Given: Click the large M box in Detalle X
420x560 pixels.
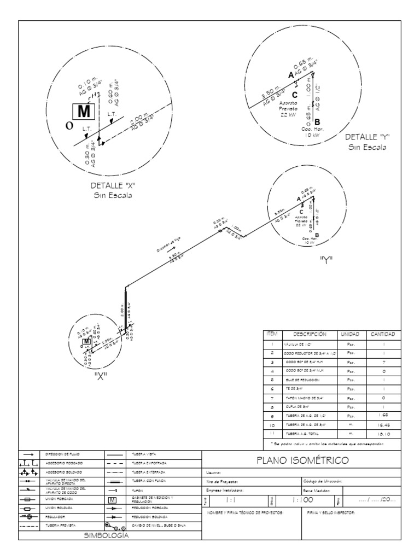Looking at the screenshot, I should (x=84, y=111).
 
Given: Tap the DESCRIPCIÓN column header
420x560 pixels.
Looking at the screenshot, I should (x=309, y=334).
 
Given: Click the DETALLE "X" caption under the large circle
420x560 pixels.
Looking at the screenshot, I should (x=114, y=186).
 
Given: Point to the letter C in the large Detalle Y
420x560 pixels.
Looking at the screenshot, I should (x=295, y=94).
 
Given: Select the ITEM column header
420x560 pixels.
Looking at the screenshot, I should (x=272, y=334).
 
